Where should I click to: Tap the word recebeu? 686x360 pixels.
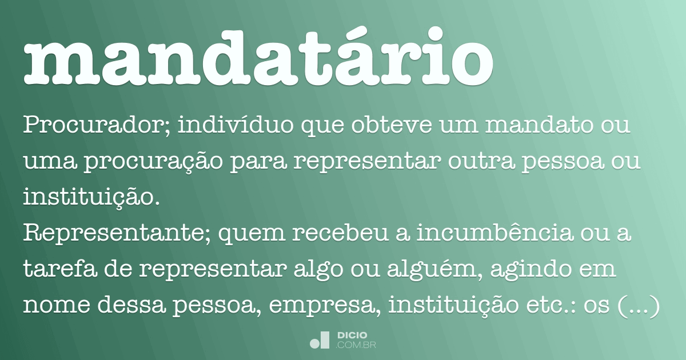tap(311, 234)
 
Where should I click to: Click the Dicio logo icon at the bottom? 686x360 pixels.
tap(320, 340)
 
